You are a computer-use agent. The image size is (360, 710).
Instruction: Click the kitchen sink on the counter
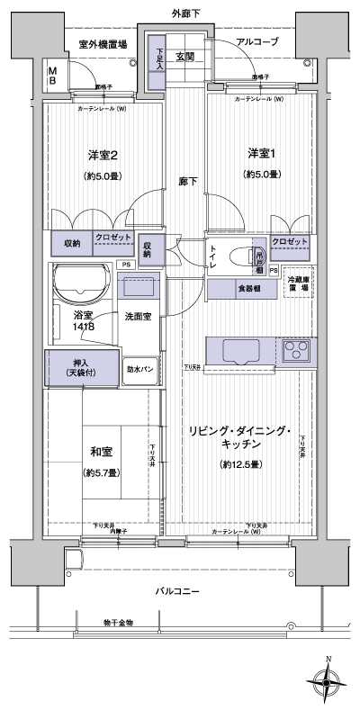coord(240,351)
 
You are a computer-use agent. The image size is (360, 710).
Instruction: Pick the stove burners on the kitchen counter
coord(296,351)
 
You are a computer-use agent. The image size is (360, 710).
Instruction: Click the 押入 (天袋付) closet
coord(82,367)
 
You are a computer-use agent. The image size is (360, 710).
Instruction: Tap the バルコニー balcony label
coord(181,590)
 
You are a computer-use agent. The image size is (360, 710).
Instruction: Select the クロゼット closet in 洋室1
coord(290,243)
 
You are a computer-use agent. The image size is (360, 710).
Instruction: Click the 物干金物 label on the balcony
coord(119,621)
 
